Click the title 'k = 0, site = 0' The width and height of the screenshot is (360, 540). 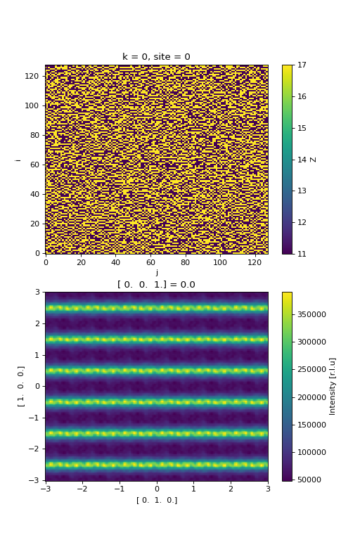[156, 56]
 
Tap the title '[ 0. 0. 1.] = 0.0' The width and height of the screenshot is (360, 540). [156, 285]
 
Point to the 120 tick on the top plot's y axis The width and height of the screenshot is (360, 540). [32, 76]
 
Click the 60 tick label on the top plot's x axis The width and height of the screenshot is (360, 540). [150, 262]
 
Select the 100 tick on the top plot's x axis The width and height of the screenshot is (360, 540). [220, 262]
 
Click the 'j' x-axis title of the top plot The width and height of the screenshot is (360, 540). [157, 273]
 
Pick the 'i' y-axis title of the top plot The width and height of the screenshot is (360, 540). [18, 160]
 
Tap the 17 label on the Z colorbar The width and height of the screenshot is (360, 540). [302, 65]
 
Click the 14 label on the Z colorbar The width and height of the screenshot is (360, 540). [302, 160]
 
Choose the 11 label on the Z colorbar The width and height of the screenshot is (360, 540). [302, 254]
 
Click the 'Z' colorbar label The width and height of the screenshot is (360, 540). [313, 160]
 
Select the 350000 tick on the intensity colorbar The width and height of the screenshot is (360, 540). [311, 314]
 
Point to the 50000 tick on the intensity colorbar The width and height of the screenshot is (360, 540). [309, 480]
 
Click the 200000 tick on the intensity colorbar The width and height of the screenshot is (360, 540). [311, 397]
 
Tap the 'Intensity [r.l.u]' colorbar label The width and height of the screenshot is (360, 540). [333, 387]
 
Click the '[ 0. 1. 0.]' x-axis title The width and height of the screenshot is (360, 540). [157, 500]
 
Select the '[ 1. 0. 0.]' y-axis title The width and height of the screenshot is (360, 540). [20, 387]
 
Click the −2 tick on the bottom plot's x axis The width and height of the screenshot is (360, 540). [82, 489]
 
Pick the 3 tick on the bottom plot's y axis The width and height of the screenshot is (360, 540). [37, 292]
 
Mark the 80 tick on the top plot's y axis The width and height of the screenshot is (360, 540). [34, 135]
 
